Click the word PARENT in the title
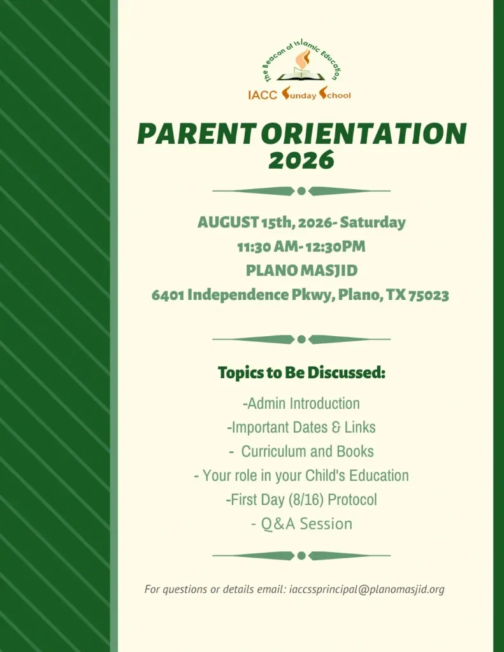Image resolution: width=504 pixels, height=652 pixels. tap(196, 134)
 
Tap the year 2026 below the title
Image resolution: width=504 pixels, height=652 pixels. tap(301, 159)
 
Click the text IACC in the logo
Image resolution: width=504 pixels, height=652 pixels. tap(263, 96)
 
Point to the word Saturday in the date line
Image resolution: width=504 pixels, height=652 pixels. tap(373, 222)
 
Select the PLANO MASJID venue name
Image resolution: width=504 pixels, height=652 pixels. tap(302, 270)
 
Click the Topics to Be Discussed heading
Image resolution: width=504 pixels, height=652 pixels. tap(302, 372)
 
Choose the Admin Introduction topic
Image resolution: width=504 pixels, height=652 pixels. tap(301, 403)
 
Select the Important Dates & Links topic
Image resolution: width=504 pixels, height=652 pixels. tap(301, 427)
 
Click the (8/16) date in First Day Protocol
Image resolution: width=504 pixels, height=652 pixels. tap(306, 499)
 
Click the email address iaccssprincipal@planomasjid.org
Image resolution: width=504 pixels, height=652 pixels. tap(366, 589)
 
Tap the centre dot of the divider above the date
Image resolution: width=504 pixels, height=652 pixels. tap(302, 191)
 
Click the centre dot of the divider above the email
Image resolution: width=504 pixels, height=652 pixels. tap(302, 555)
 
